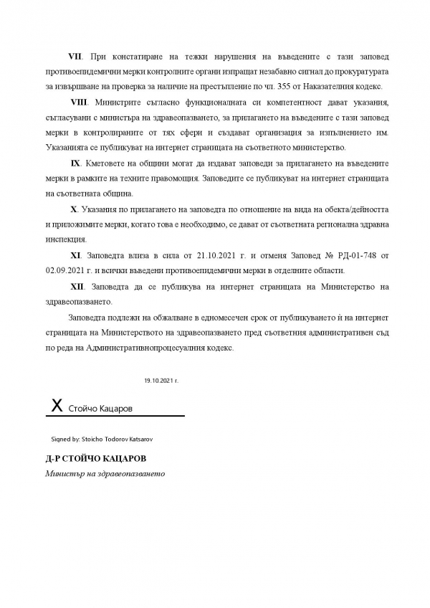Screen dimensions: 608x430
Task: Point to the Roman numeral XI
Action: [75, 255]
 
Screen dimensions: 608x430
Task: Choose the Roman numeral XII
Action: [77, 287]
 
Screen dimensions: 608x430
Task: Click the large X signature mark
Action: [56, 405]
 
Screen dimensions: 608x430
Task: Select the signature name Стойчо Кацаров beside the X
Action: [101, 409]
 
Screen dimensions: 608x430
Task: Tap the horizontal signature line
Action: [115, 416]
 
